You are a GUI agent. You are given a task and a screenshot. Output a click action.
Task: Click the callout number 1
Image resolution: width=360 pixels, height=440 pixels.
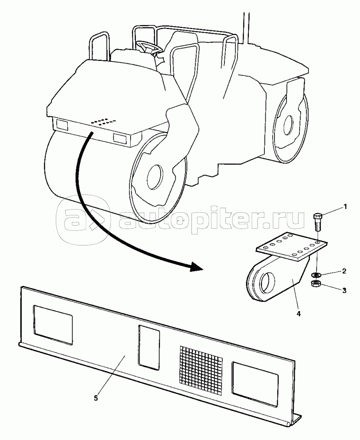345,207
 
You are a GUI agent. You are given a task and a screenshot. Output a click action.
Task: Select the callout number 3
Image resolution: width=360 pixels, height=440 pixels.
345,290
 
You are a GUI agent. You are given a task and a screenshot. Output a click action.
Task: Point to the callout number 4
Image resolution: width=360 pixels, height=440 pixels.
298,314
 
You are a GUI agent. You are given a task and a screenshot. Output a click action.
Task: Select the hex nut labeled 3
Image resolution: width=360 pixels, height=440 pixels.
316,284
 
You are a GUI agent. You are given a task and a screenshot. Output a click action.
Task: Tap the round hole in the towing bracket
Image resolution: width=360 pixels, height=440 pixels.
267,282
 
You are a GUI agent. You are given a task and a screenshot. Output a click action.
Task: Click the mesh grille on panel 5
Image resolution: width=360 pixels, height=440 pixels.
201,366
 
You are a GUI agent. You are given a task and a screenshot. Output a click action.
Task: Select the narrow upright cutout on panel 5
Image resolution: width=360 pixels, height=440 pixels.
149,347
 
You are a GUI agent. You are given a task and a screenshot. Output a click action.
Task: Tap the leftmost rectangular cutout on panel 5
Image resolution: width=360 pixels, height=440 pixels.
53,325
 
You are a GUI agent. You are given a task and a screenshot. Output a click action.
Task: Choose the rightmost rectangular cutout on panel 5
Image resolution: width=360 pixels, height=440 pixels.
255,384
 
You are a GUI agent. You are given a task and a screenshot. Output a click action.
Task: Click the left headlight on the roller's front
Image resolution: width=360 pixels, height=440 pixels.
62,125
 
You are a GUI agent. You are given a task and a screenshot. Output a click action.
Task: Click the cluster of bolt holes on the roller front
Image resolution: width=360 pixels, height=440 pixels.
104,121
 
